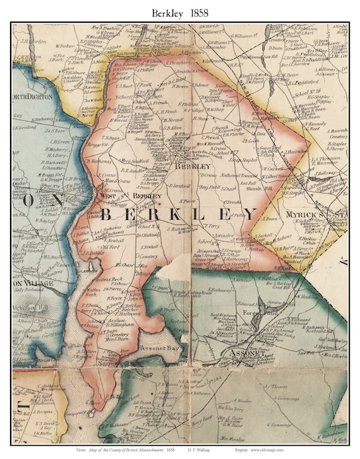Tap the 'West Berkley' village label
tap(130, 196)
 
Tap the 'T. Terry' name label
tap(210, 224)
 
